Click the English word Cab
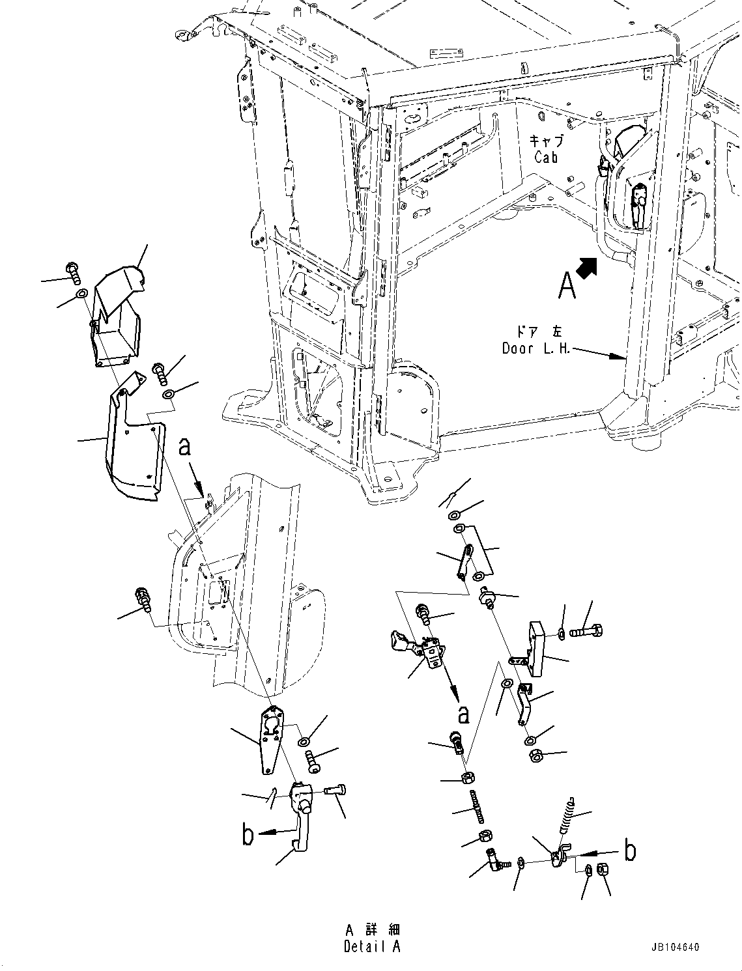[x=546, y=157]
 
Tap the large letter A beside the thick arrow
[x=567, y=285]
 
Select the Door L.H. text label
[x=535, y=348]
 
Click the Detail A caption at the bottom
[x=372, y=947]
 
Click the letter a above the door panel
[x=184, y=447]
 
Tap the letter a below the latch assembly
[x=463, y=714]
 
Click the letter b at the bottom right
[x=629, y=851]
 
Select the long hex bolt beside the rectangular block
[x=587, y=631]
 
